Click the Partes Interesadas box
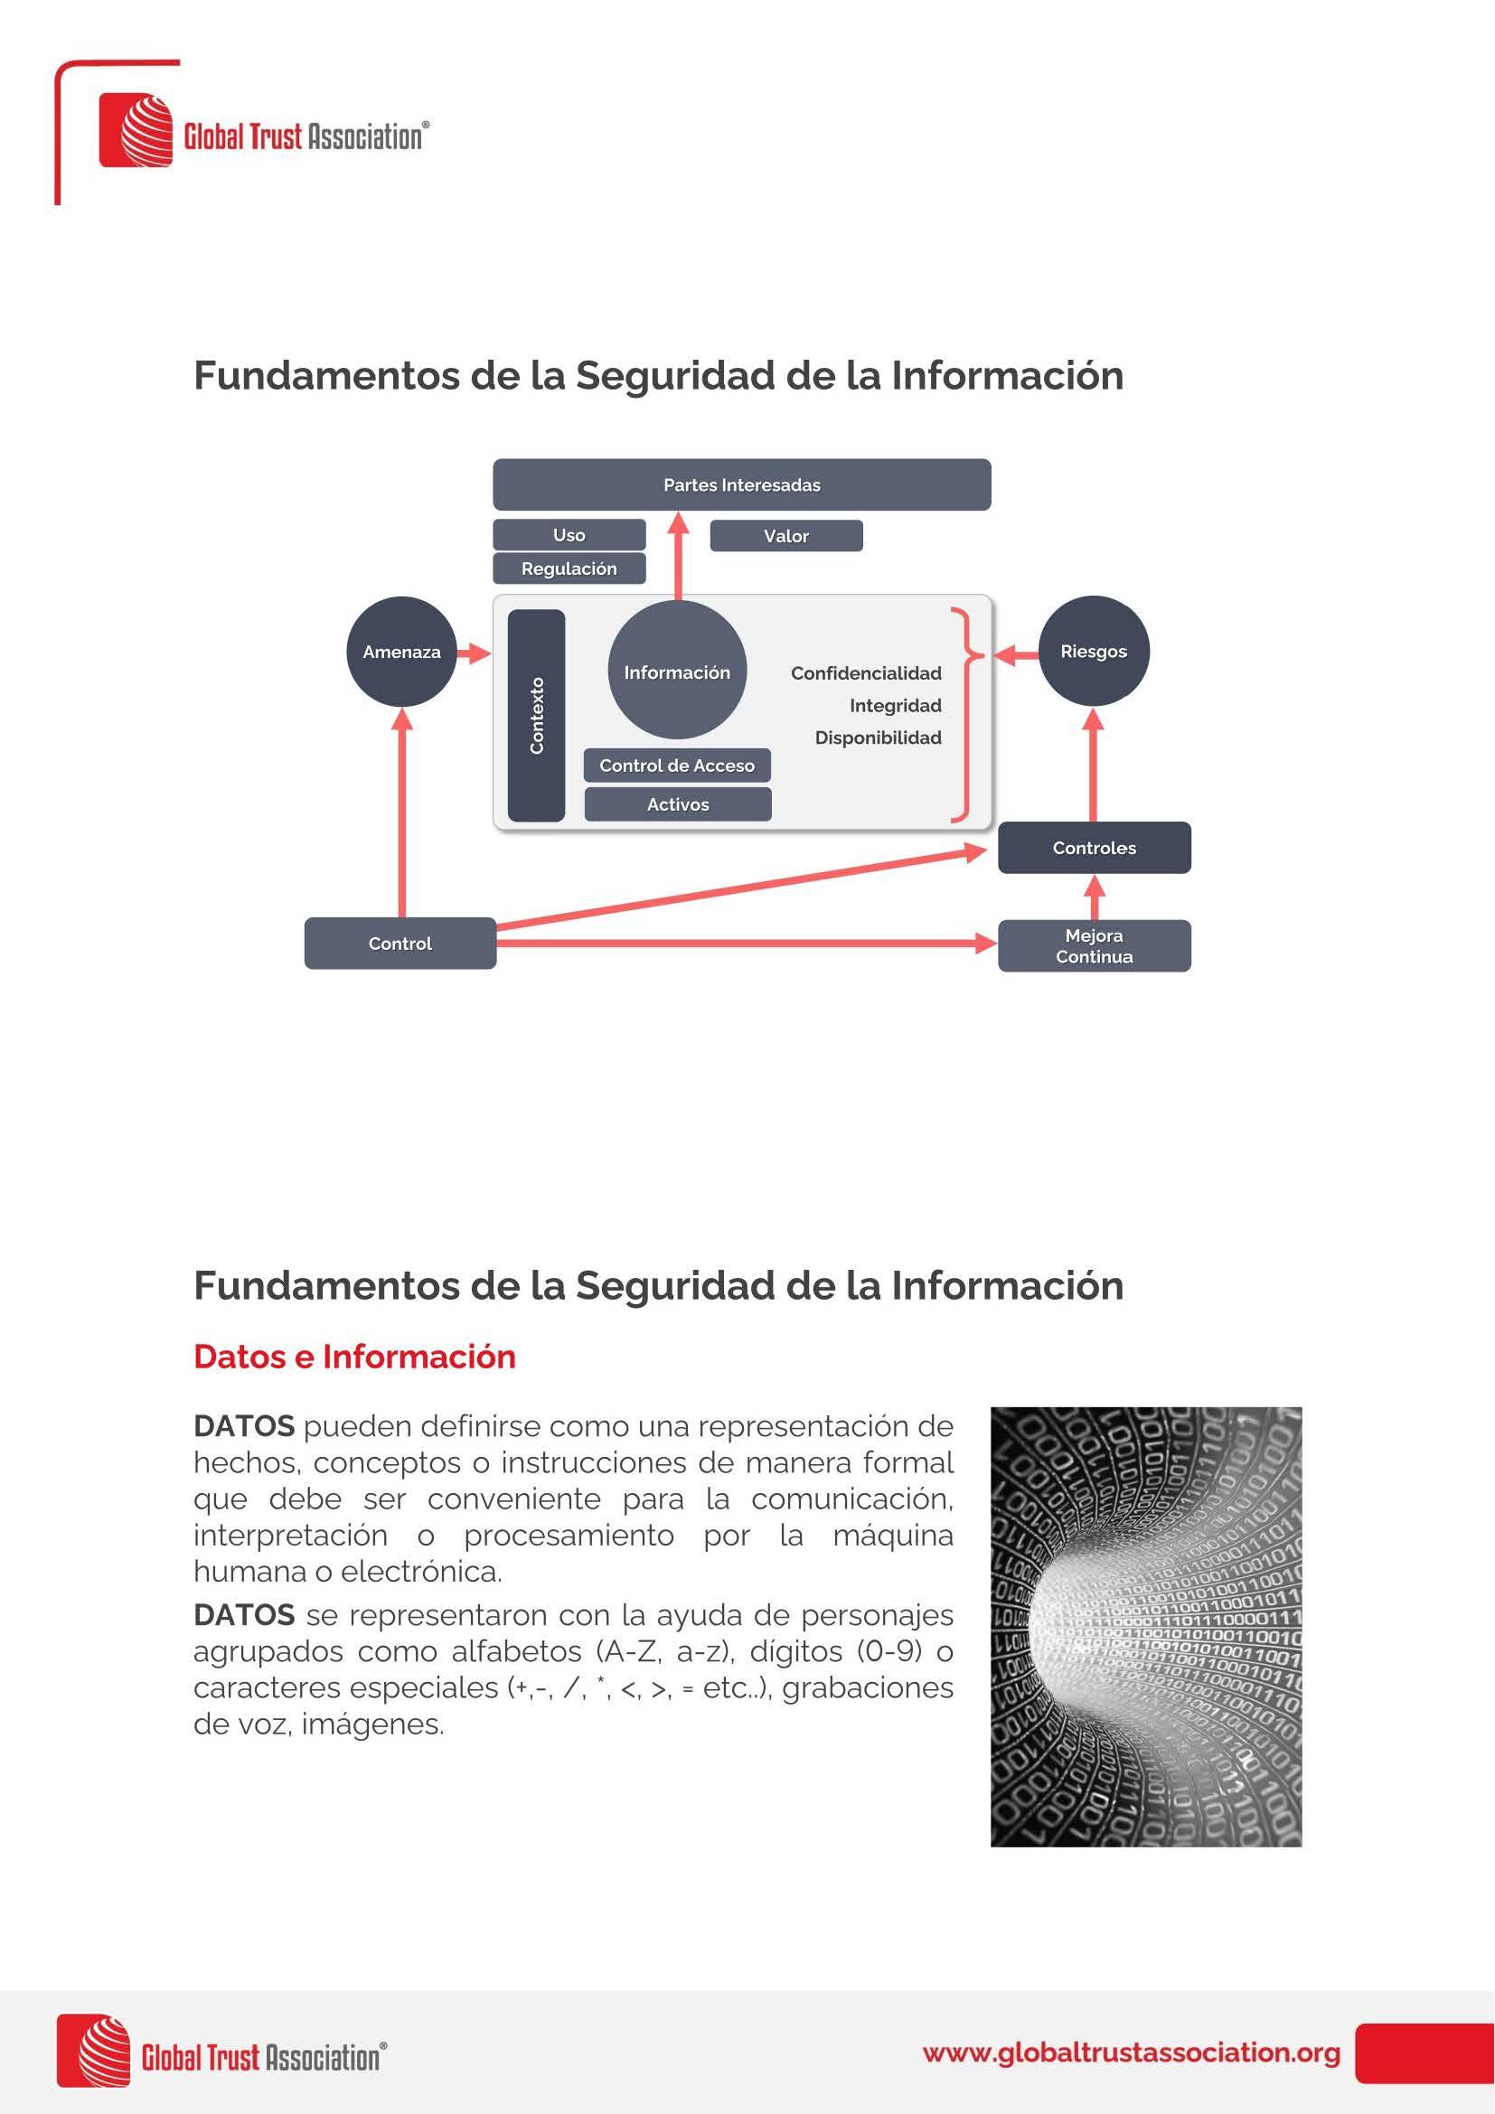(x=741, y=484)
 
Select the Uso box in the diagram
(x=569, y=535)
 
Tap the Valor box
(x=786, y=536)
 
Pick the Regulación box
(x=569, y=569)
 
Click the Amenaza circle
(x=401, y=652)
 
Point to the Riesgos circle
(x=1094, y=652)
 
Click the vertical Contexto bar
(x=537, y=716)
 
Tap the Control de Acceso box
(x=677, y=766)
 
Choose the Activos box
(x=678, y=804)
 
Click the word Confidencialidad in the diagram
(x=865, y=673)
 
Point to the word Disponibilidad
(x=878, y=738)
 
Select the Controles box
(x=1094, y=848)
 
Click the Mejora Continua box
(x=1094, y=945)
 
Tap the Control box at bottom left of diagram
(x=400, y=944)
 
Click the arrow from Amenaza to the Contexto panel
(x=475, y=653)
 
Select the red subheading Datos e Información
(x=354, y=1358)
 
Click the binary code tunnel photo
(x=1145, y=1628)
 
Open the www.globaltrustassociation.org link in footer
(x=1131, y=2053)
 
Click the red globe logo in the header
(x=136, y=130)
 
